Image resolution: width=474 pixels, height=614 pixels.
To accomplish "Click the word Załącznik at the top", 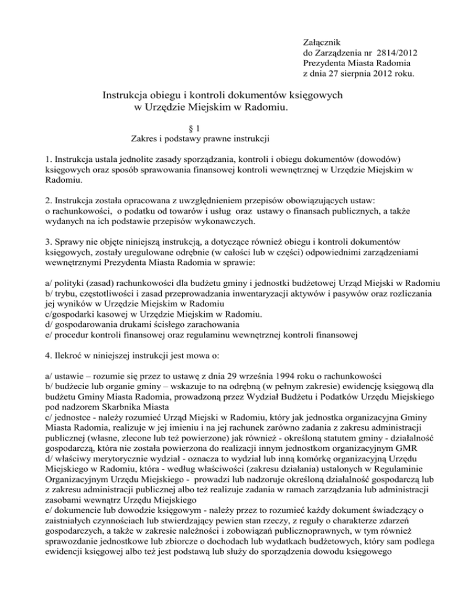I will (322, 40).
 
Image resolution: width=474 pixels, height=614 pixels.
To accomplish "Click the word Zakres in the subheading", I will (144, 139).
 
